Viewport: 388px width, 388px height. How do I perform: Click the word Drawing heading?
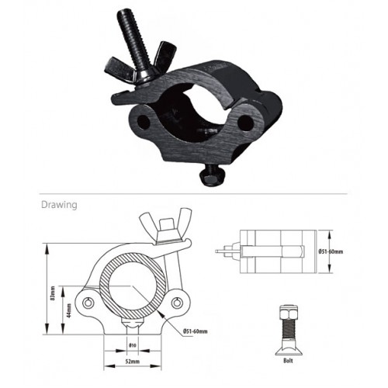point(59,205)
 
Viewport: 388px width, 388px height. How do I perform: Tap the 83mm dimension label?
point(53,293)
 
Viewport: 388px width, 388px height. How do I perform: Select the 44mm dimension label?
point(69,310)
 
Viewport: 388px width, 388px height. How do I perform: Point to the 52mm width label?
point(132,362)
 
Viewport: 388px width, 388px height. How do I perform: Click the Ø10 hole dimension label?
point(132,345)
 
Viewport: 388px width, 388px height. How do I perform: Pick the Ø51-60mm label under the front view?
point(196,331)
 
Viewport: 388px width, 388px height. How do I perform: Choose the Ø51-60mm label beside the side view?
point(331,251)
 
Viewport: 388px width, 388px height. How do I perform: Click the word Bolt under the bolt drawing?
point(288,361)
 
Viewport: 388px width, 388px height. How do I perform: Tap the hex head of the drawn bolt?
point(289,312)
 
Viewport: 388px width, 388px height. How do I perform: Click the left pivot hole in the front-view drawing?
point(88,303)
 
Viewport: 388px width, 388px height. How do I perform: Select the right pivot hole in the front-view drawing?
point(177,303)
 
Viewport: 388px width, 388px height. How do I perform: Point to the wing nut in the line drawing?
point(166,224)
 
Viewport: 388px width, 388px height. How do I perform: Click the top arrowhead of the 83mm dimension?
point(47,248)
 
